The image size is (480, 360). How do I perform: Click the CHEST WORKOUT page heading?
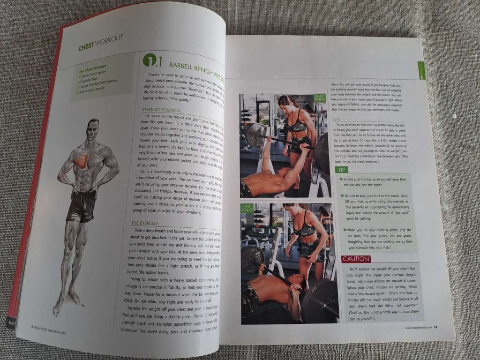100,45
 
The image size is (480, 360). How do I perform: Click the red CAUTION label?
356,259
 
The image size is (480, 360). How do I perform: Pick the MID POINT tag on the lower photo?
247,208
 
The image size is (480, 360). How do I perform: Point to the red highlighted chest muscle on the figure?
82,160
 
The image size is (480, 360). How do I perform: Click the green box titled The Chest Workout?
104,82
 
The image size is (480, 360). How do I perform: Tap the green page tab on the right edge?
421,71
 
